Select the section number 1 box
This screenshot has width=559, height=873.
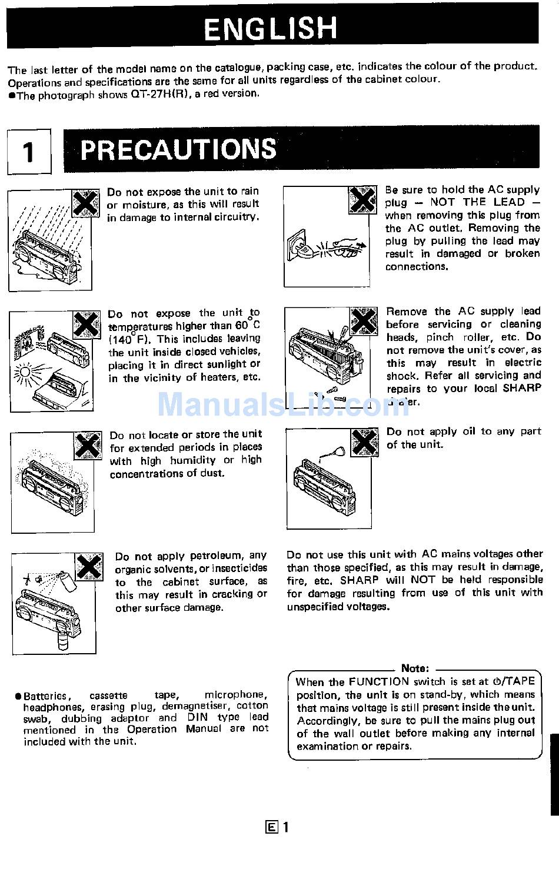pos(28,152)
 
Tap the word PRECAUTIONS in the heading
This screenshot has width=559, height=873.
pos(178,149)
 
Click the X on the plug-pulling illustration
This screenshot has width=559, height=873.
pos(362,200)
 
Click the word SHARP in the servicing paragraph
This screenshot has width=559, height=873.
pos(522,388)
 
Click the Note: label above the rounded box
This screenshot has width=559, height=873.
pos(415,668)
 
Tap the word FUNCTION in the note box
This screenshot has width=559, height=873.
pos(378,682)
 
